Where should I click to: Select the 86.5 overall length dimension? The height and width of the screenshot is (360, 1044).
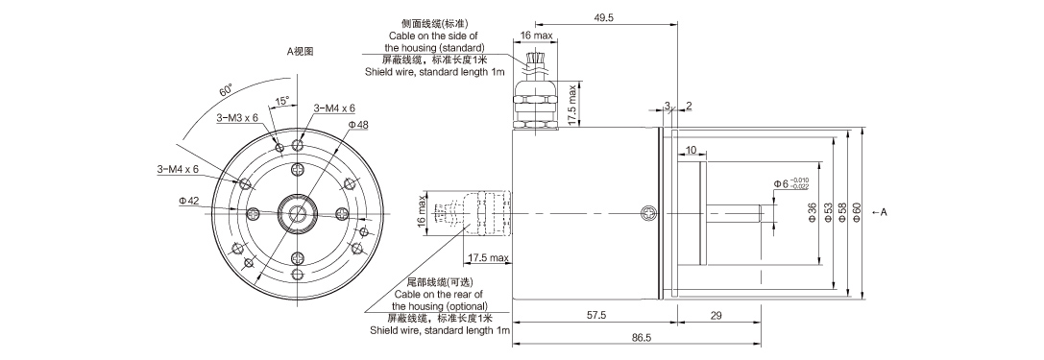click(x=642, y=338)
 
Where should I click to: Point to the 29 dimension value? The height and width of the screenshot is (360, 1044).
click(x=717, y=315)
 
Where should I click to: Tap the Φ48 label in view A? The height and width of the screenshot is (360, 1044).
click(x=358, y=125)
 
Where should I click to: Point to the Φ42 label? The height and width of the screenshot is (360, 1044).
click(x=189, y=201)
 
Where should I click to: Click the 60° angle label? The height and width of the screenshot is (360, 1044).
click(x=225, y=91)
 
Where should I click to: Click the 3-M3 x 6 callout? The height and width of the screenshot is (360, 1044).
click(x=237, y=117)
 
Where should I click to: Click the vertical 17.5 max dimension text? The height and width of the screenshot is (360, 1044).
click(x=572, y=106)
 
